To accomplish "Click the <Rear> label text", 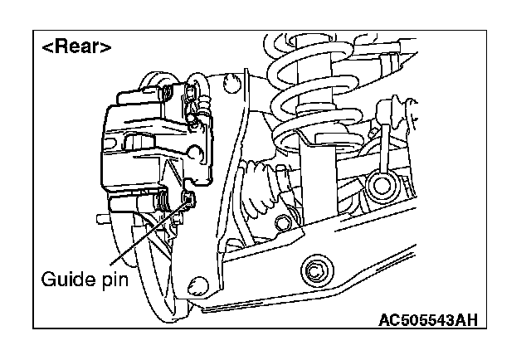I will pos(76,46).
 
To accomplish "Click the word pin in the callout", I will pos(114,280).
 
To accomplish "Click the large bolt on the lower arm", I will pos(315,270).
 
